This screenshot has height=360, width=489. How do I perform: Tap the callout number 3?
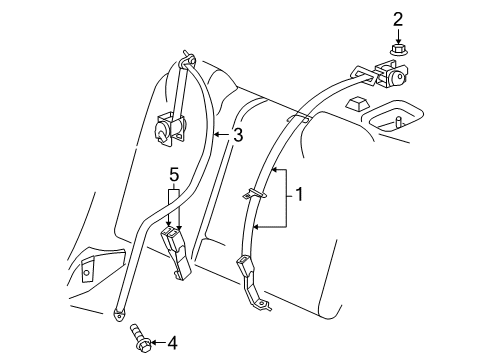pos(236,136)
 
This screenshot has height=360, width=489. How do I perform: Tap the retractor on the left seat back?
pos(167,127)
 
